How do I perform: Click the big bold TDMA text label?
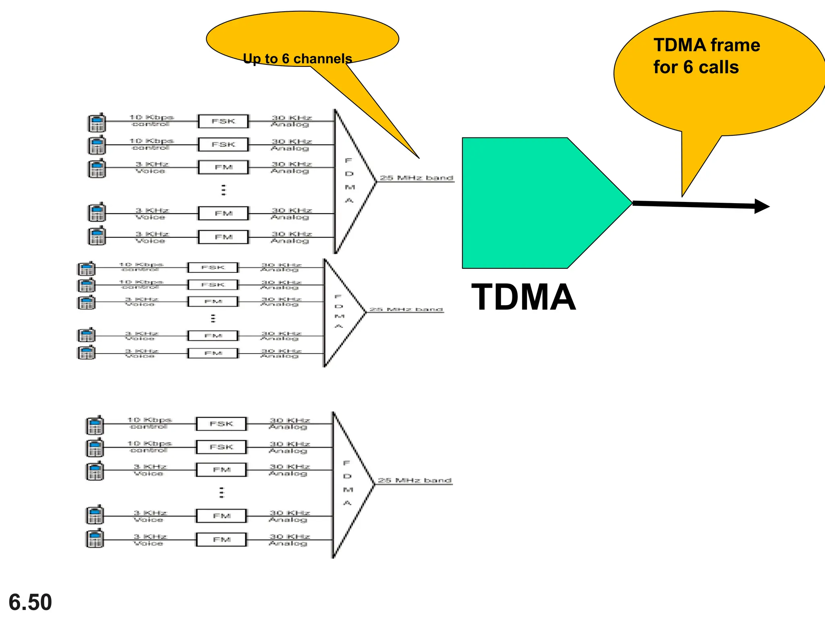(x=523, y=297)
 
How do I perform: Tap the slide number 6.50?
(x=30, y=602)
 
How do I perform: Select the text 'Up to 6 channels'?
(x=297, y=59)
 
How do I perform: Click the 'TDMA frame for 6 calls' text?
(x=706, y=56)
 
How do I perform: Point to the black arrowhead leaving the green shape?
(x=761, y=206)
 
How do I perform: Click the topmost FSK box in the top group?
(x=223, y=121)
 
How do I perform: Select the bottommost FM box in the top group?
(x=223, y=237)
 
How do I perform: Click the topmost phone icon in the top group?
(x=97, y=123)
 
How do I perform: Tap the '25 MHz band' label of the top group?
(x=417, y=178)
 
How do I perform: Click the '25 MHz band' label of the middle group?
(x=406, y=309)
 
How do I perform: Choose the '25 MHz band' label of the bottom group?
(x=415, y=480)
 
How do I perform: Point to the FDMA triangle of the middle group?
(x=340, y=312)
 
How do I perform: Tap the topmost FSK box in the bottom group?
(x=221, y=424)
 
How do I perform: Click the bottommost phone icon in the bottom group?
(x=95, y=538)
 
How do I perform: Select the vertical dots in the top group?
(x=224, y=190)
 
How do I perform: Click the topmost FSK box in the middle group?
(x=213, y=268)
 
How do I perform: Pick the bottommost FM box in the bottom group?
(x=221, y=539)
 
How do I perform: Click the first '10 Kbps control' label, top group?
(x=151, y=120)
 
